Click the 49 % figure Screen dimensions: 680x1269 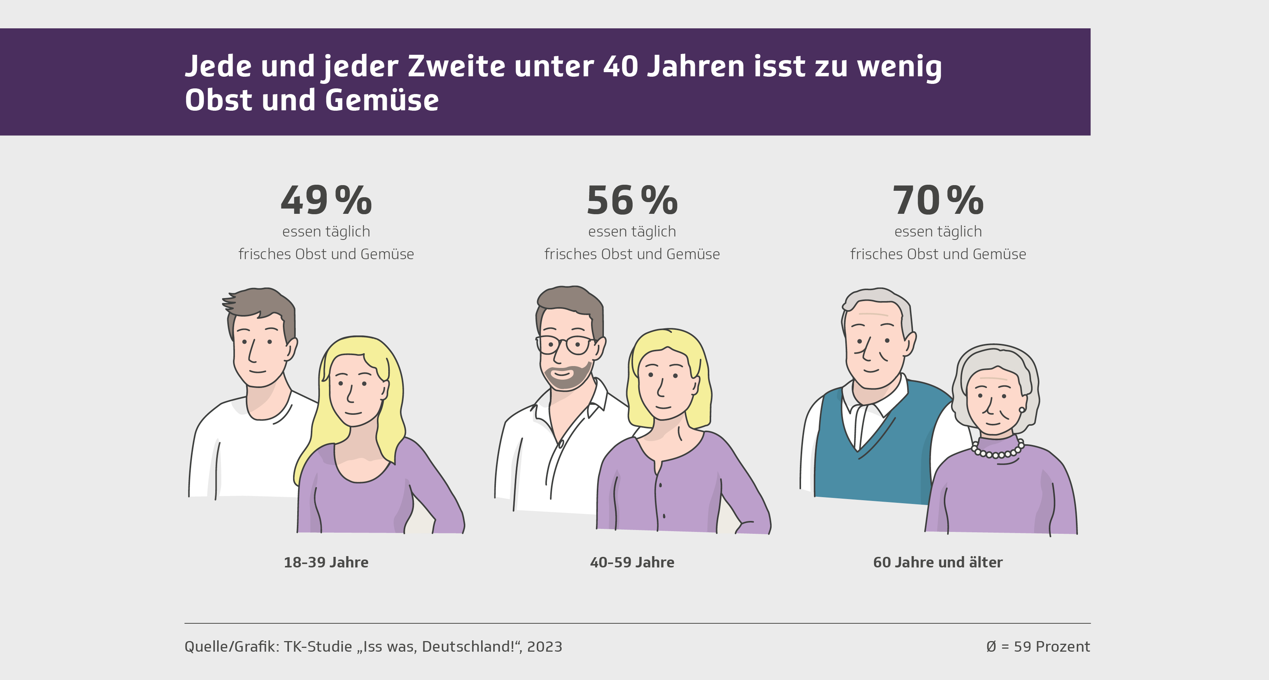point(326,201)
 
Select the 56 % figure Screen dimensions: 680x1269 point(632,201)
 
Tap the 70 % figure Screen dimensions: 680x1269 point(938,201)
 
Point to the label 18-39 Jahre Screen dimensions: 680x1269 point(326,562)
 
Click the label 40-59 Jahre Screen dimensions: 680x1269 point(632,562)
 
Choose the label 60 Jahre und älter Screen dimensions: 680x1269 point(937,562)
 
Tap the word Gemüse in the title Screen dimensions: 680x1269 point(381,100)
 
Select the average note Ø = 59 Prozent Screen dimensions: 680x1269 point(1038,646)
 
